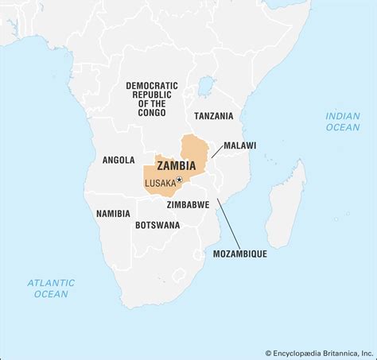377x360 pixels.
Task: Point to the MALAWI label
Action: (239, 146)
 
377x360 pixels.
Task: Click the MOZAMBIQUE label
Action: (239, 254)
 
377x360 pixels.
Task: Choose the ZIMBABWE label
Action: (188, 204)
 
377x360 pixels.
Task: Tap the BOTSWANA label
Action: (157, 225)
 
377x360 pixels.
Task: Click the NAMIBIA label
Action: (113, 214)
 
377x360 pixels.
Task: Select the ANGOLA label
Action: (119, 160)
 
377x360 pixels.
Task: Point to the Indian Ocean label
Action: (342, 122)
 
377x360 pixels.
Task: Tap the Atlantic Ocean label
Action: (51, 288)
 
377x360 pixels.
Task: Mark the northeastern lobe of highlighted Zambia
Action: (193, 149)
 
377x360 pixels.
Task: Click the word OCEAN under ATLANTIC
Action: (51, 294)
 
